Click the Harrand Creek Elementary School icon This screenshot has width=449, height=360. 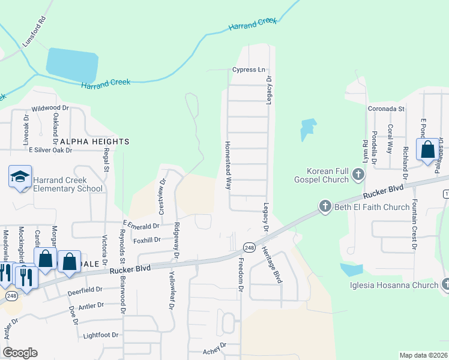click(20, 176)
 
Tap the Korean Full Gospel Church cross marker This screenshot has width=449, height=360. click(358, 175)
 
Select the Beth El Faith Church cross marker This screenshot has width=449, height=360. click(325, 207)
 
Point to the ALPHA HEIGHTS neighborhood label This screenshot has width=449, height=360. click(95, 142)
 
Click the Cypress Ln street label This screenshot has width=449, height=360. click(249, 70)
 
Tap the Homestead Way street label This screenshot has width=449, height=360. click(228, 166)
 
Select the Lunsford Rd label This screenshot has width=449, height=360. click(34, 32)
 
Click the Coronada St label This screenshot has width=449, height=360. click(385, 109)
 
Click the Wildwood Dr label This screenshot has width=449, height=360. click(50, 109)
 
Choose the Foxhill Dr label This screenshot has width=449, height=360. click(147, 240)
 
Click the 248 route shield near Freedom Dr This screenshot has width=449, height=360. click(250, 247)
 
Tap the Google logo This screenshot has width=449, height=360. click(20, 353)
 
